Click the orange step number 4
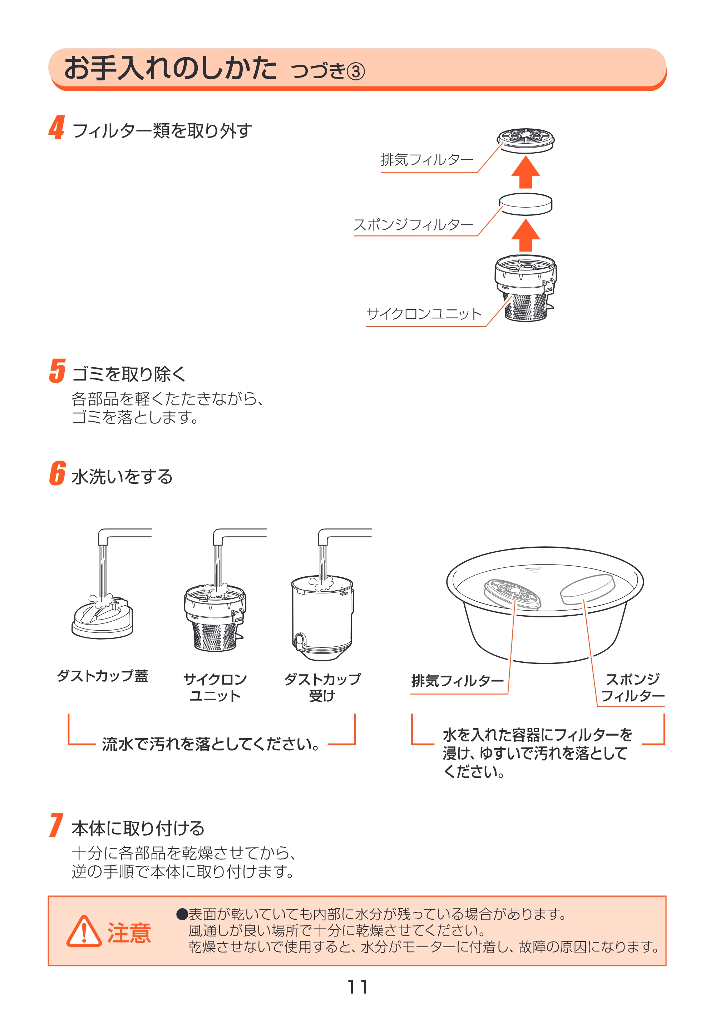[56, 128]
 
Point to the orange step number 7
[56, 825]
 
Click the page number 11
[357, 987]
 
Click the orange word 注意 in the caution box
[129, 933]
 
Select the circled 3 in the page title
[355, 71]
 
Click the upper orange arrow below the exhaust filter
[526, 172]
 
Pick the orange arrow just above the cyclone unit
[526, 235]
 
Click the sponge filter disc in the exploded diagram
[526, 204]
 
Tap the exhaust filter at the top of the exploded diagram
[526, 140]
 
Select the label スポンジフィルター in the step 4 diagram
[414, 225]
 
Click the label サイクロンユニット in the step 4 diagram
[424, 314]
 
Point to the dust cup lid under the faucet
[103, 617]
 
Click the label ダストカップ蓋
[102, 676]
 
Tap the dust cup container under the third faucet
[322, 618]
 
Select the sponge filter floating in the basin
[587, 589]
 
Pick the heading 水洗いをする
[122, 477]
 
